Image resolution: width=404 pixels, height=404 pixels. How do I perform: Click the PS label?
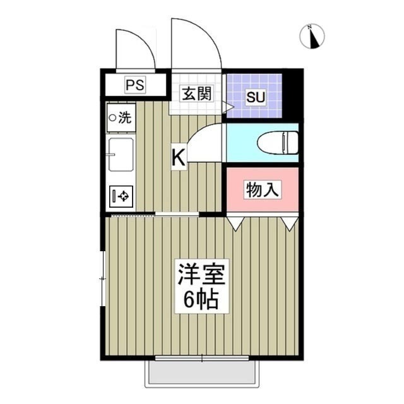(134, 85)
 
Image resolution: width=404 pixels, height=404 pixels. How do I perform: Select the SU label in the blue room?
(255, 98)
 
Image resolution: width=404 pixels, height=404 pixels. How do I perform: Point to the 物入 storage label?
(262, 189)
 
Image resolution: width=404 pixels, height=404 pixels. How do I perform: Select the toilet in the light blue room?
(278, 142)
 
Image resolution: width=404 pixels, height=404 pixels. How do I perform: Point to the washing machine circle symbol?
(112, 117)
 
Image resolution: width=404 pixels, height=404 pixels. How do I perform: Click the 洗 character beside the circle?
(125, 117)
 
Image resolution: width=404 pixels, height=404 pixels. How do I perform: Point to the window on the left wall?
(103, 278)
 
